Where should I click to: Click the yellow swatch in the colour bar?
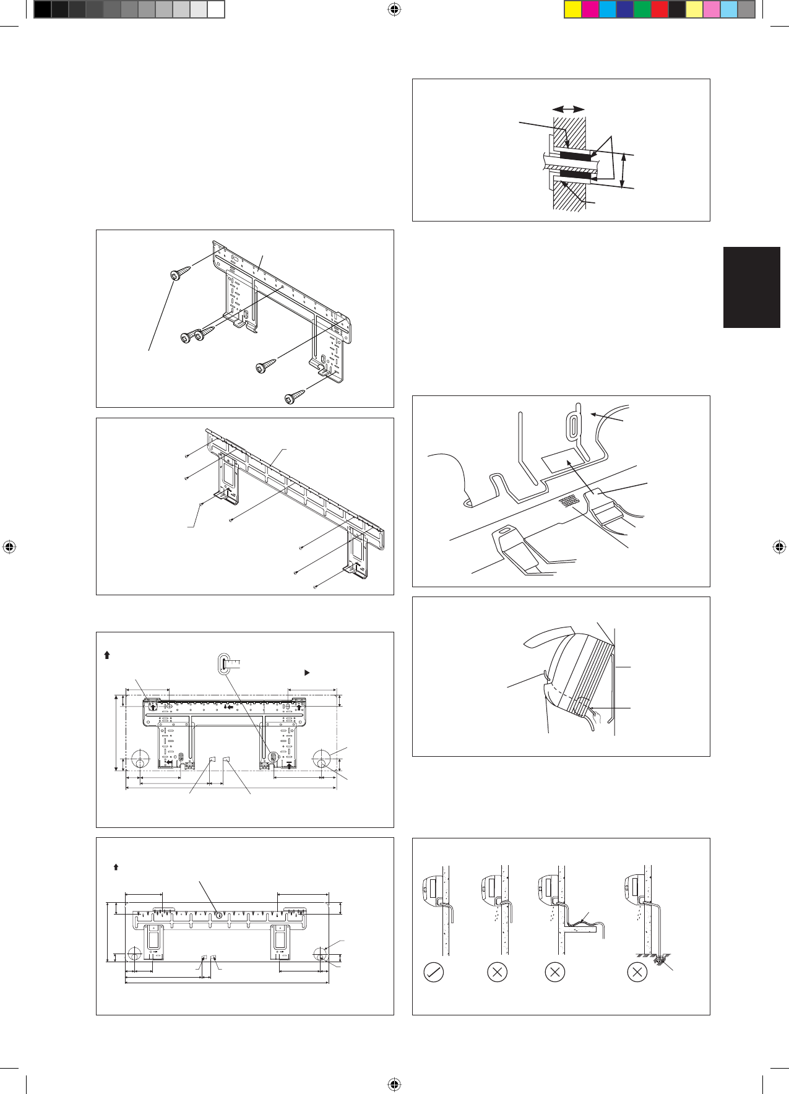(573, 9)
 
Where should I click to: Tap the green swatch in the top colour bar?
(642, 9)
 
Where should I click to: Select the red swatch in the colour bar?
(660, 9)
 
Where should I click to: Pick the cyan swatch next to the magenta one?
(608, 9)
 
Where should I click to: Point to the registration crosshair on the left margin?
(9, 547)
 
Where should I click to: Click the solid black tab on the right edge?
(751, 287)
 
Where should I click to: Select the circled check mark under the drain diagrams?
(433, 972)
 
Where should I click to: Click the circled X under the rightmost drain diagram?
(637, 972)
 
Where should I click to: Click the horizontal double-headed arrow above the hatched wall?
(569, 109)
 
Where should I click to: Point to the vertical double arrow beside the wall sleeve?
(623, 170)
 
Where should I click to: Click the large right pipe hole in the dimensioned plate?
(322, 758)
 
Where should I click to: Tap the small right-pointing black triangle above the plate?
(306, 672)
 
